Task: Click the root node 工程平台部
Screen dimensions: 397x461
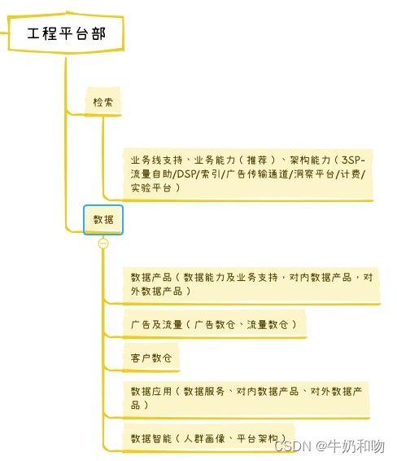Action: click(66, 33)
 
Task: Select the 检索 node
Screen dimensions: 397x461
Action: click(103, 102)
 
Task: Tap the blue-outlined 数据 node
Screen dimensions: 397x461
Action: click(103, 220)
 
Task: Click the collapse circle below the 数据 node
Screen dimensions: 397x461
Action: click(103, 244)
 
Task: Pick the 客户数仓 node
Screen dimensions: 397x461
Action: click(151, 358)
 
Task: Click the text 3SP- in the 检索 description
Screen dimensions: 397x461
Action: click(353, 160)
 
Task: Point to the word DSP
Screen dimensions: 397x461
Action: click(185, 174)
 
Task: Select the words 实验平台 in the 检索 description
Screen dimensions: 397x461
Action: click(151, 187)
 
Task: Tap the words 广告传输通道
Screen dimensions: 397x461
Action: click(257, 174)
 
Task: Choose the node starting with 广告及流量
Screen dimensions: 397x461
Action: click(214, 324)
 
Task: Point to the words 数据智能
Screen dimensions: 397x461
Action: click(151, 439)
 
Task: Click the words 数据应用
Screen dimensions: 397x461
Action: click(151, 391)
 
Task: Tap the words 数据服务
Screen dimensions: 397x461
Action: click(203, 391)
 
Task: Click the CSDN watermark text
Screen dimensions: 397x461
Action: click(293, 446)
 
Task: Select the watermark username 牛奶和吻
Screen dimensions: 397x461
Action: click(356, 446)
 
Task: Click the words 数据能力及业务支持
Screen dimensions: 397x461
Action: click(230, 277)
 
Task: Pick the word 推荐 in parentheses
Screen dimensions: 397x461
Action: click(257, 160)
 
